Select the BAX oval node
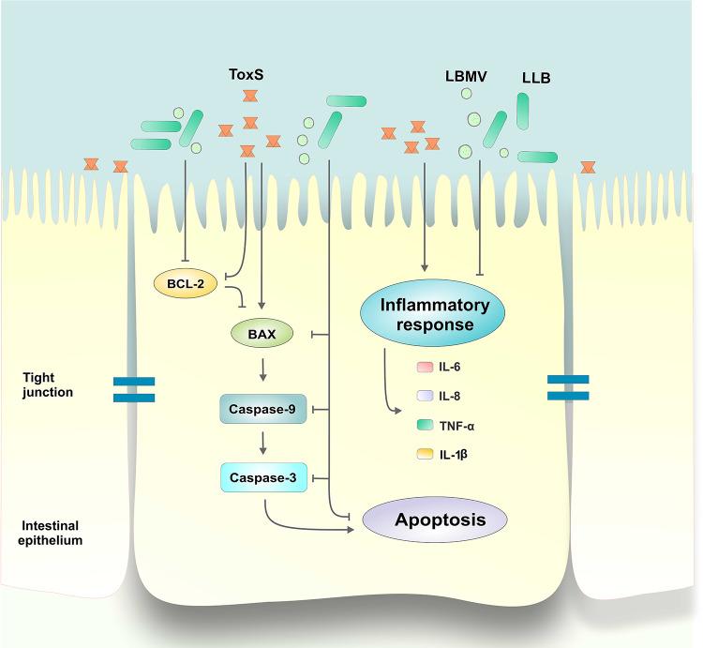262,332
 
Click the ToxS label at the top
248,72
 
